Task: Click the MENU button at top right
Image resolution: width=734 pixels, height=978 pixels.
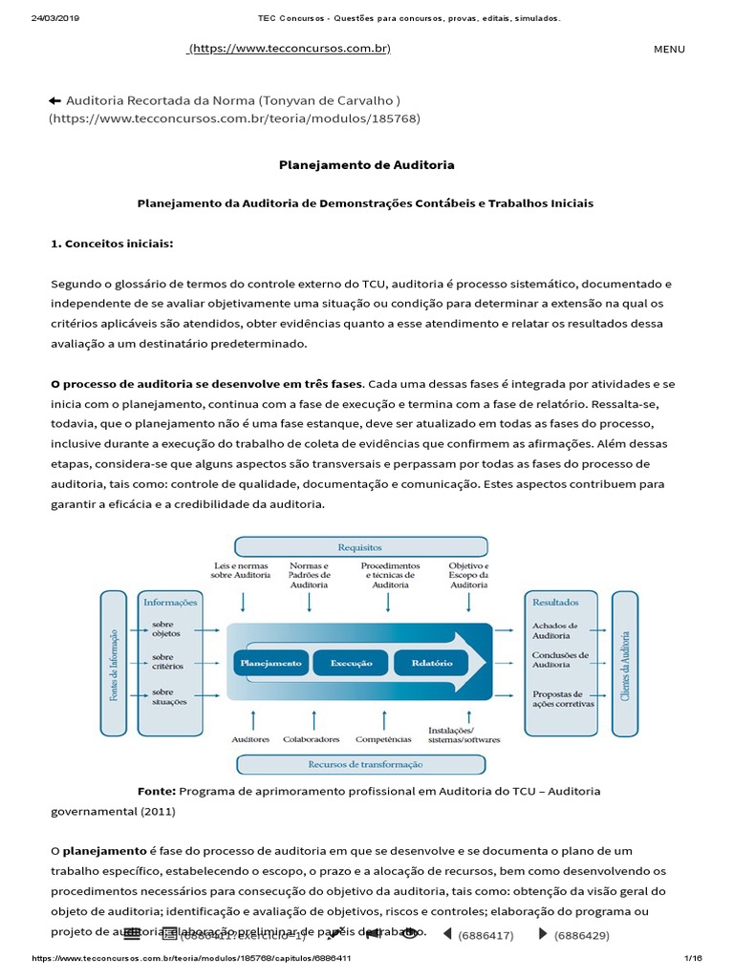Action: point(669,50)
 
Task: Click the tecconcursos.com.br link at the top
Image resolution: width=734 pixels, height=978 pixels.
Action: point(290,49)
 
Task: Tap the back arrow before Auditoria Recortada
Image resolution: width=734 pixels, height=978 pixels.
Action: point(54,100)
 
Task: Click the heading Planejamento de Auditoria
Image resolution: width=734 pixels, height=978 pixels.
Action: point(366,165)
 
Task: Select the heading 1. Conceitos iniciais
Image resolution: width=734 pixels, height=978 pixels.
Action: point(112,244)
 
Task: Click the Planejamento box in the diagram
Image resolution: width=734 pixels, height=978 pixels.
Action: point(270,663)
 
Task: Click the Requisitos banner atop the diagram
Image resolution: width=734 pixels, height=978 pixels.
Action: point(360,547)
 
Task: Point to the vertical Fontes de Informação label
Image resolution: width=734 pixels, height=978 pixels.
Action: point(114,665)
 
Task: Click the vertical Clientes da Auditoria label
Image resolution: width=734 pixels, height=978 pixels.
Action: point(625,665)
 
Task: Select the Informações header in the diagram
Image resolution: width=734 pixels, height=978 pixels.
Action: point(170,603)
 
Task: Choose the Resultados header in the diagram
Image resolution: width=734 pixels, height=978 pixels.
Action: point(554,603)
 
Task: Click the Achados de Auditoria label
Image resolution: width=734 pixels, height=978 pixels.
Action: point(555,631)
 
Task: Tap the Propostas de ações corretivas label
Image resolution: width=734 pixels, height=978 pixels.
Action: point(563,699)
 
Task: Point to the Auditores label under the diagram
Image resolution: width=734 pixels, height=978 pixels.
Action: point(250,739)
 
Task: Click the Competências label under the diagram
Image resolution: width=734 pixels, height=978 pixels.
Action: point(383,739)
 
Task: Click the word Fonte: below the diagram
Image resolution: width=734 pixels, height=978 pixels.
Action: point(157,791)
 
